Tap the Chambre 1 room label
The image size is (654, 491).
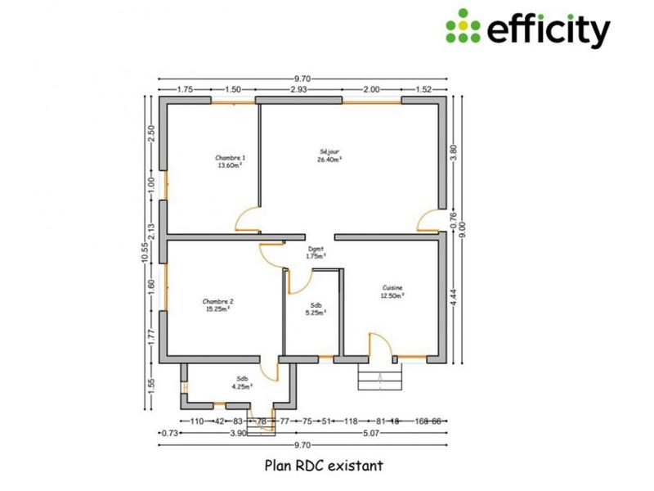click(x=230, y=161)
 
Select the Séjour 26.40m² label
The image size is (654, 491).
click(x=329, y=155)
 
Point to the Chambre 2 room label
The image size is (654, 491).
click(x=217, y=305)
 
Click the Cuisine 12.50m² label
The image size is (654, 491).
click(x=392, y=292)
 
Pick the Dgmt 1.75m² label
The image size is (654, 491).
click(x=316, y=253)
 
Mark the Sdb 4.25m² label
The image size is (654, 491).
click(x=242, y=382)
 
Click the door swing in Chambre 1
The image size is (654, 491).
click(x=248, y=218)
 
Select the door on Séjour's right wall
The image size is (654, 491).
click(x=428, y=220)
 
